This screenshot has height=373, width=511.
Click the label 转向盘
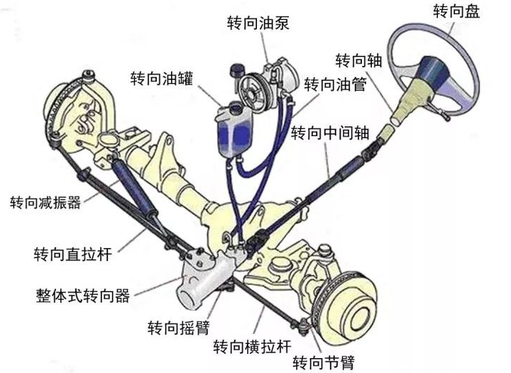click(x=456, y=11)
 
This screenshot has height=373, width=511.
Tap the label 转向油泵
click(x=258, y=23)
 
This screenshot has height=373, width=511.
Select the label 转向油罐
click(x=162, y=79)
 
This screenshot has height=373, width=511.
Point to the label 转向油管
click(x=336, y=84)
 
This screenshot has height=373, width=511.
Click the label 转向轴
click(x=359, y=60)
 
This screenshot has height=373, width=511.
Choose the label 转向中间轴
click(x=330, y=133)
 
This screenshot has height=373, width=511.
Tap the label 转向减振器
click(x=45, y=202)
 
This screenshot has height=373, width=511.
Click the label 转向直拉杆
click(x=72, y=254)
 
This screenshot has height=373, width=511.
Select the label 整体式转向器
click(x=83, y=296)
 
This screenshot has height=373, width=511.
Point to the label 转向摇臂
click(x=179, y=327)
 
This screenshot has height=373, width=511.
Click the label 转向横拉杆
click(x=252, y=346)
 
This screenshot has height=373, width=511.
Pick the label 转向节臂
click(x=324, y=362)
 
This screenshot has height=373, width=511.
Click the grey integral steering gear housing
click(x=206, y=281)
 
